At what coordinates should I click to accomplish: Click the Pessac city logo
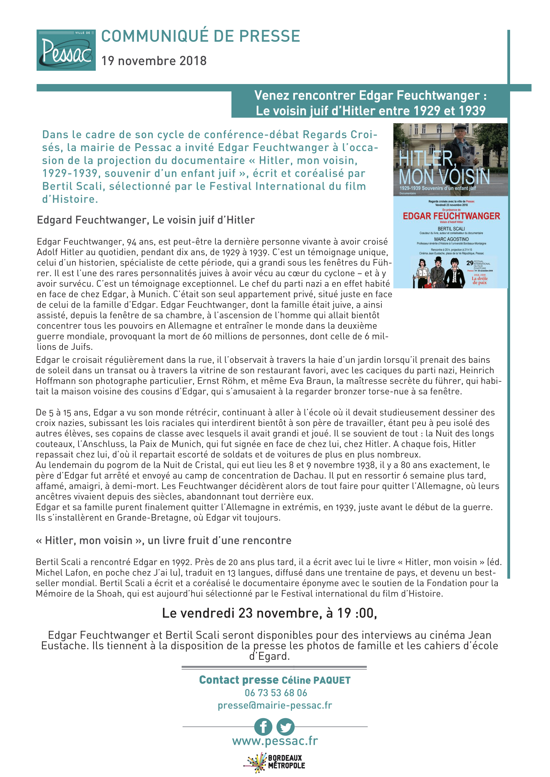pyautogui.click(x=66, y=50)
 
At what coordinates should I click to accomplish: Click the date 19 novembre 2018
pyautogui.click(x=154, y=61)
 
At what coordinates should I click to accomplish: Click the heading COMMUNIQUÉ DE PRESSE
pyautogui.click(x=201, y=36)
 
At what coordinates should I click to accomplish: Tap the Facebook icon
pyautogui.click(x=263, y=727)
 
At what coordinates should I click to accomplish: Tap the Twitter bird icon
pyautogui.click(x=286, y=727)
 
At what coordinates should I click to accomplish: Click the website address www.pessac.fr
pyautogui.click(x=275, y=741)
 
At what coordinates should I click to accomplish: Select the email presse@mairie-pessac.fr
pyautogui.click(x=275, y=705)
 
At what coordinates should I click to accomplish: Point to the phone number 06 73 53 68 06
pyautogui.click(x=276, y=693)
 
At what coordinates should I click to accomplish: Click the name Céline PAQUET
pyautogui.click(x=316, y=680)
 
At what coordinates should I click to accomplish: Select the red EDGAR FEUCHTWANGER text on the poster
pyautogui.click(x=451, y=216)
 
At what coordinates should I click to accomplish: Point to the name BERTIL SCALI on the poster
pyautogui.click(x=451, y=229)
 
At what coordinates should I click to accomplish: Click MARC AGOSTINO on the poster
pyautogui.click(x=451, y=239)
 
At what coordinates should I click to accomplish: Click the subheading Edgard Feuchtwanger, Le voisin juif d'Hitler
pyautogui.click(x=146, y=220)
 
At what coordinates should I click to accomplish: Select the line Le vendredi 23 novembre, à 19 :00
pyautogui.click(x=269, y=613)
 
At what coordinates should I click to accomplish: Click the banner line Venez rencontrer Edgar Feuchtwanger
pyautogui.click(x=370, y=96)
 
